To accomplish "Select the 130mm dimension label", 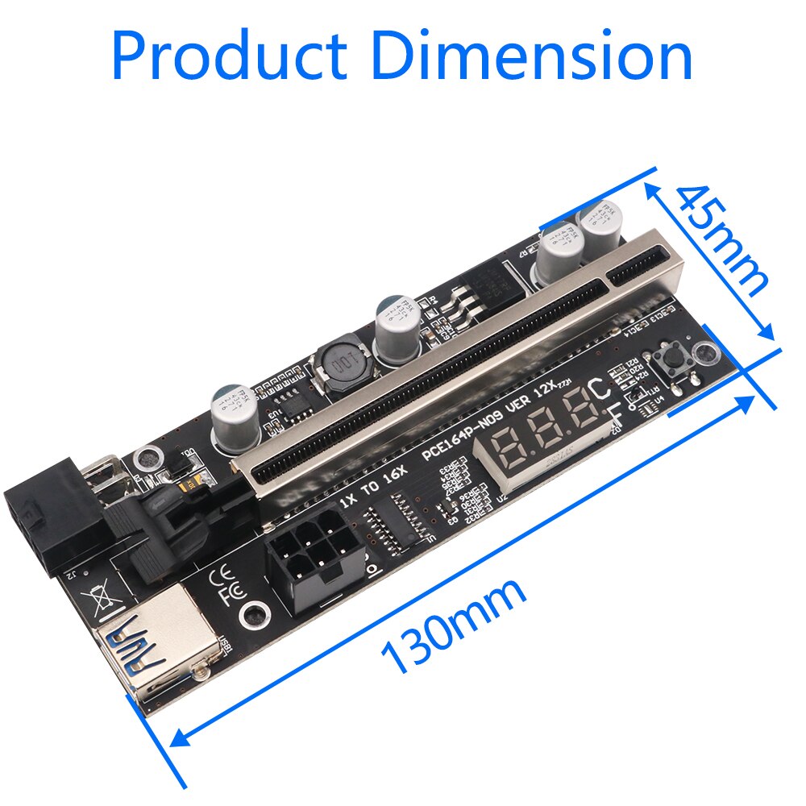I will tap(455, 625).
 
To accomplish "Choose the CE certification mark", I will tap(221, 579).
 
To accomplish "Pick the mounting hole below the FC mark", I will tap(256, 615).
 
